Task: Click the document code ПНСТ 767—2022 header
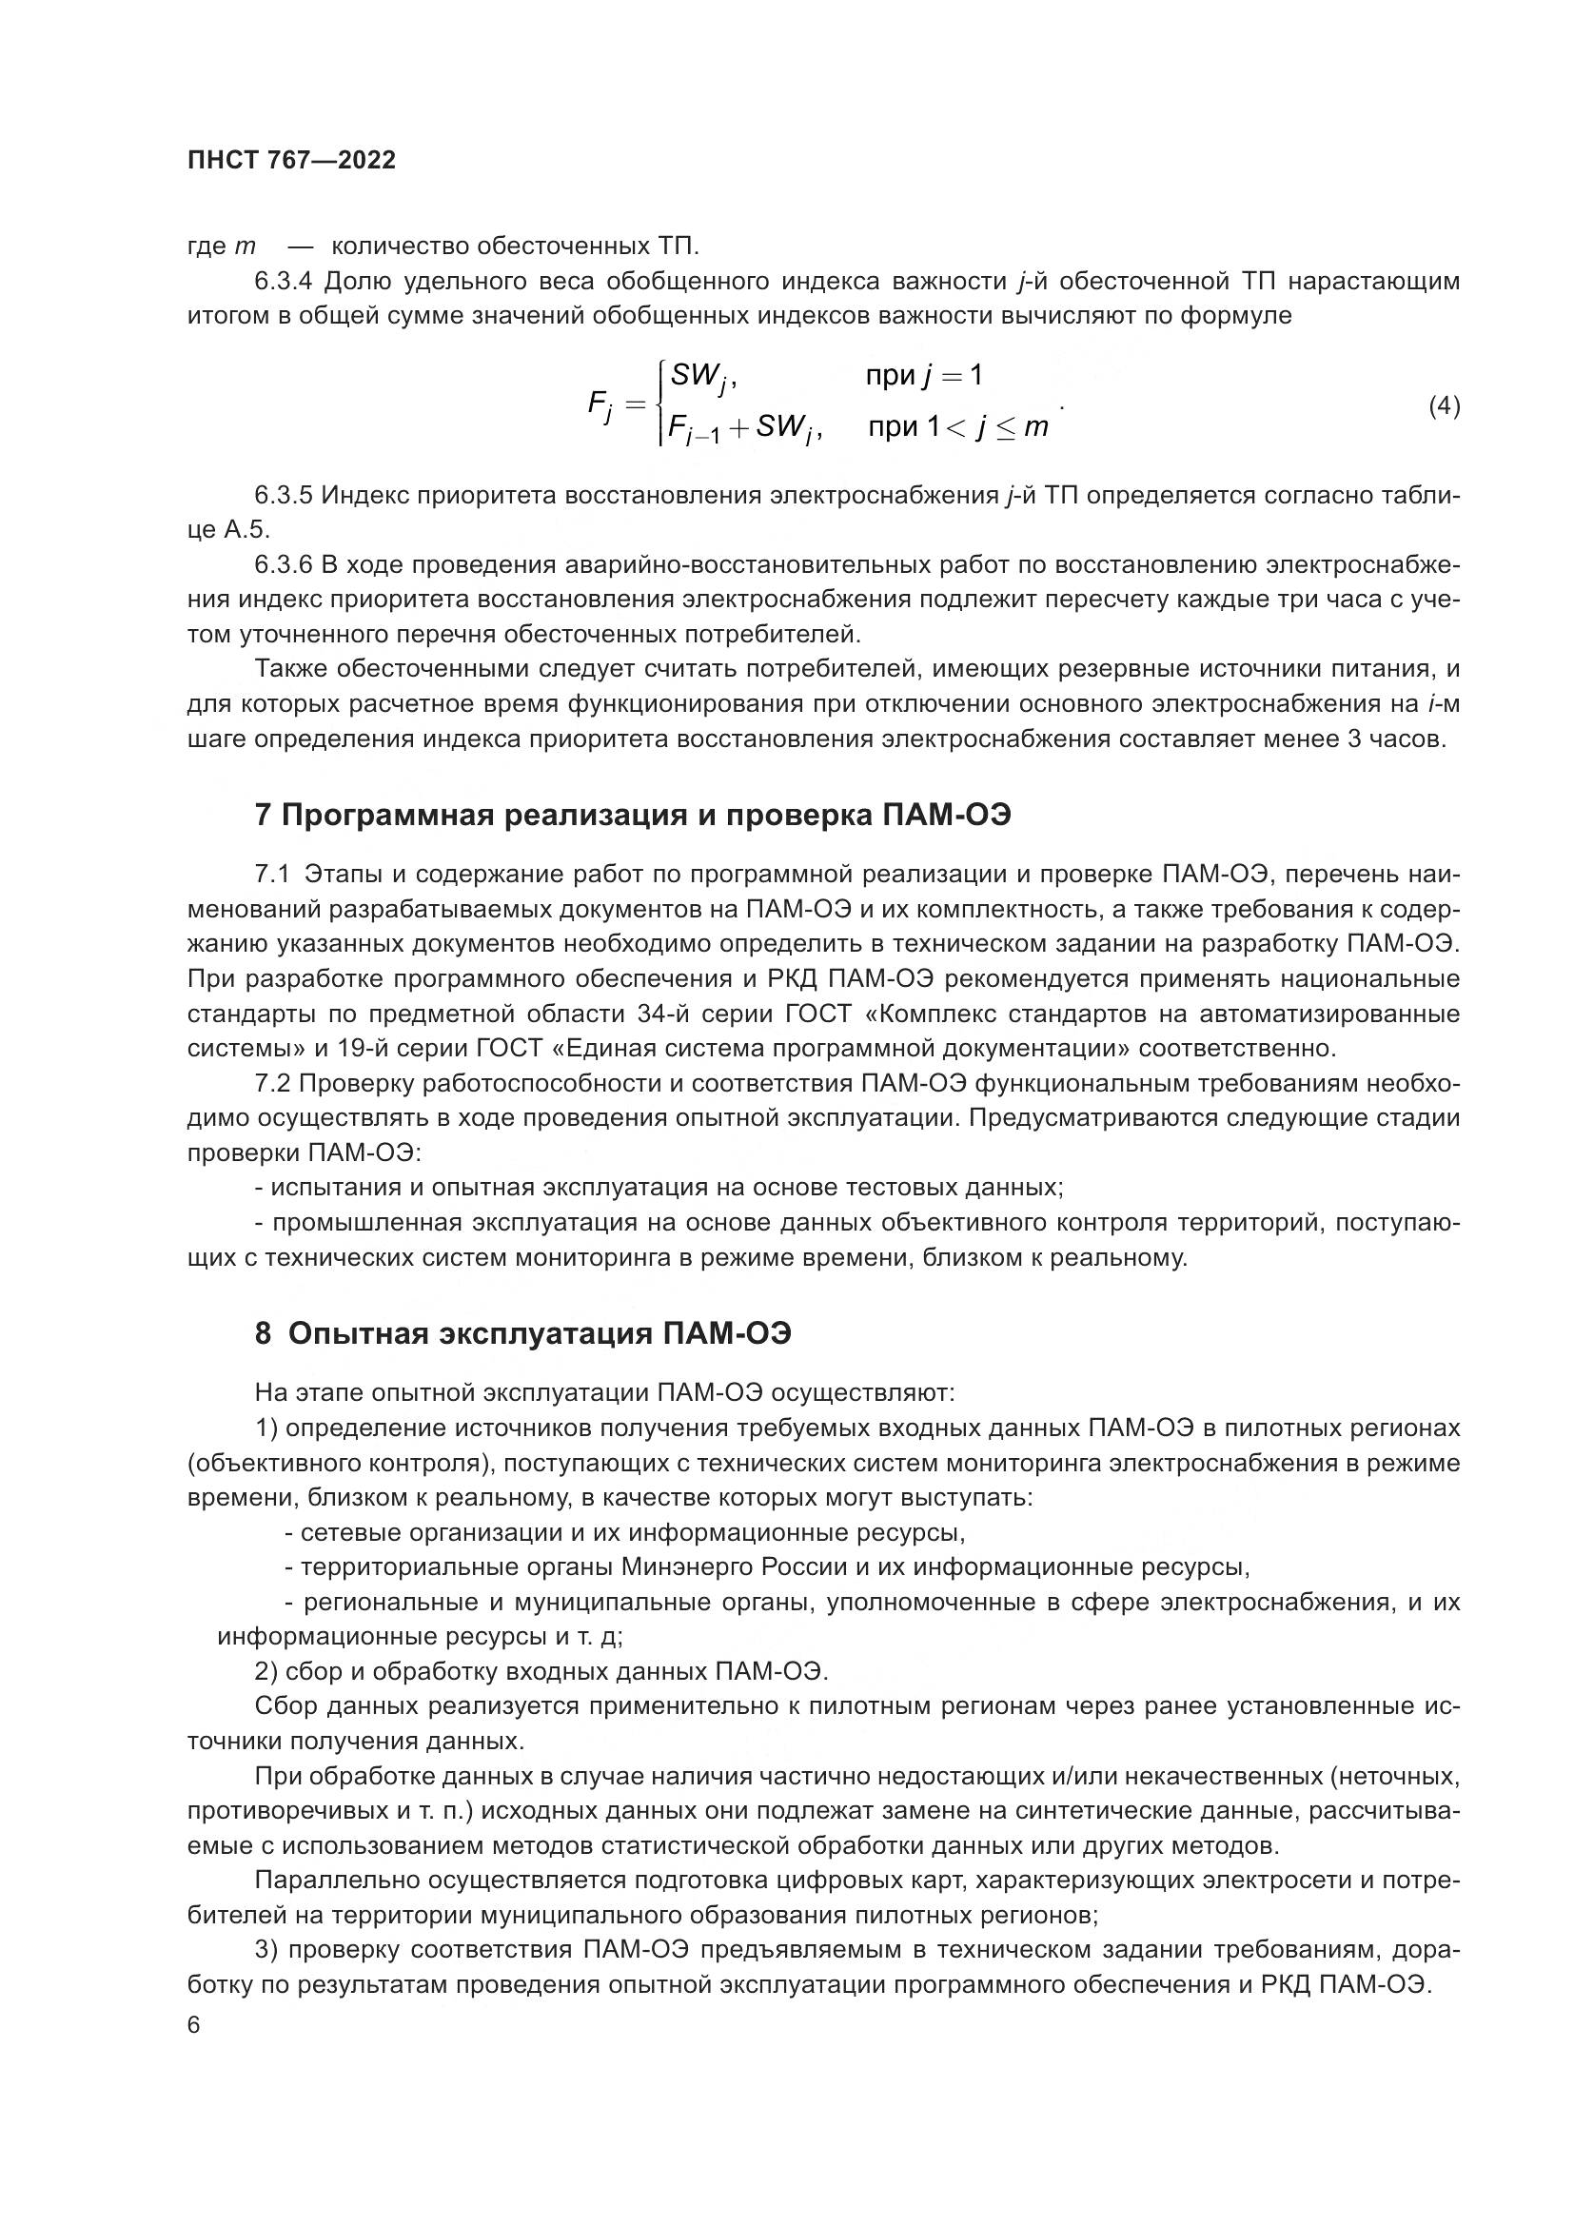(x=292, y=161)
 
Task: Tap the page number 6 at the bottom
(x=194, y=2024)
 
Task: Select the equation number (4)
(x=1445, y=406)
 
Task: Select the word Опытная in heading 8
(x=358, y=1335)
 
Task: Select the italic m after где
(x=245, y=246)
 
